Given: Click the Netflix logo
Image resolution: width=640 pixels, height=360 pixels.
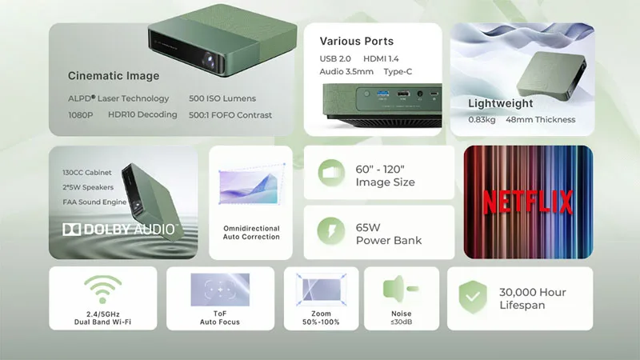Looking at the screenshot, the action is pyautogui.click(x=528, y=203).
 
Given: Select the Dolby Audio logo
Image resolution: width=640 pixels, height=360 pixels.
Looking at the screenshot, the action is pyautogui.click(x=119, y=230).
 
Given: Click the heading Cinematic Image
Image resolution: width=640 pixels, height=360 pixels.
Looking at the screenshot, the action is pyautogui.click(x=114, y=76).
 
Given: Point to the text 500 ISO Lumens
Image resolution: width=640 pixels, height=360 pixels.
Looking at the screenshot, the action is pyautogui.click(x=222, y=98).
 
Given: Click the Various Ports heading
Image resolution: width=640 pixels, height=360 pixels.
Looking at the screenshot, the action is pyautogui.click(x=357, y=41).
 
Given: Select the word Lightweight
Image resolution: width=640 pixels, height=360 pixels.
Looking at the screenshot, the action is pyautogui.click(x=500, y=103).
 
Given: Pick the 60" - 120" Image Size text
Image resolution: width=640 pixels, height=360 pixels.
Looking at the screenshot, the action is pyautogui.click(x=385, y=175).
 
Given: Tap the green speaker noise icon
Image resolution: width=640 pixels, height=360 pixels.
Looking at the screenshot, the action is pyautogui.click(x=397, y=288).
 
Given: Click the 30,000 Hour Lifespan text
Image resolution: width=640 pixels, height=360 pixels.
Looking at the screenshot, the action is pyautogui.click(x=532, y=298).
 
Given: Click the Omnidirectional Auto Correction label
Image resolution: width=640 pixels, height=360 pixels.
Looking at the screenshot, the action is pyautogui.click(x=251, y=233).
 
